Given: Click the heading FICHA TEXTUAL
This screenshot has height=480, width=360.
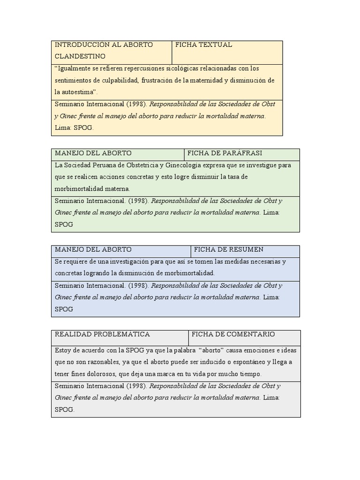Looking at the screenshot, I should click(x=203, y=45).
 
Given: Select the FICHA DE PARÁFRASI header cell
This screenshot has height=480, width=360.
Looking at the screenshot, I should click(x=225, y=153).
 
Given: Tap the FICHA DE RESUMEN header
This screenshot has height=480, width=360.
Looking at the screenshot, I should click(x=229, y=249).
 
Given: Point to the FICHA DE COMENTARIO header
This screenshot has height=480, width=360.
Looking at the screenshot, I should click(x=233, y=334).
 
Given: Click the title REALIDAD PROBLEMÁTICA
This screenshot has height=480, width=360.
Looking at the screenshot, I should click(x=102, y=334).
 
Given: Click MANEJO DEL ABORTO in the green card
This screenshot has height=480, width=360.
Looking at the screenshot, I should click(x=93, y=153).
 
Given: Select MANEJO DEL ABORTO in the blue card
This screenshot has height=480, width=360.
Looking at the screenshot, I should click(x=93, y=249).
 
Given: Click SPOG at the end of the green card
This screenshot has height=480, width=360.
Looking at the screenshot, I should click(x=64, y=225).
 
